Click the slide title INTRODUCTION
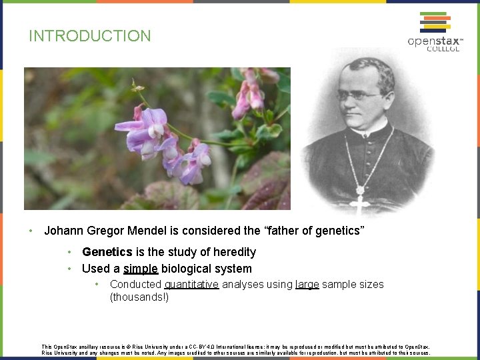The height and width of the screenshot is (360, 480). click(x=90, y=36)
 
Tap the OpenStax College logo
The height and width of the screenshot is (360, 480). click(x=435, y=31)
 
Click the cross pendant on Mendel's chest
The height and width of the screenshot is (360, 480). click(x=360, y=203)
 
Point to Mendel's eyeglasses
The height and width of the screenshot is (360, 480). click(x=361, y=95)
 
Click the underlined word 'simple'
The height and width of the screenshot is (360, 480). click(x=141, y=269)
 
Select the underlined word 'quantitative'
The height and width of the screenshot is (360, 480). click(x=191, y=284)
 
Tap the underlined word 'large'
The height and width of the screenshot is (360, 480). click(x=307, y=284)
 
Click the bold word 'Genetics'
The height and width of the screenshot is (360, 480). click(x=107, y=252)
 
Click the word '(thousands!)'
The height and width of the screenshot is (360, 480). click(x=139, y=297)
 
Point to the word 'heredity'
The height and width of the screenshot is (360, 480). click(x=233, y=252)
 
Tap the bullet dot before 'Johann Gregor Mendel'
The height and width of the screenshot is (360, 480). click(x=31, y=231)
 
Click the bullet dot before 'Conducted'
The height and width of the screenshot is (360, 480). click(x=97, y=284)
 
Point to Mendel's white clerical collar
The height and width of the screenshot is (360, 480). click(x=364, y=130)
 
